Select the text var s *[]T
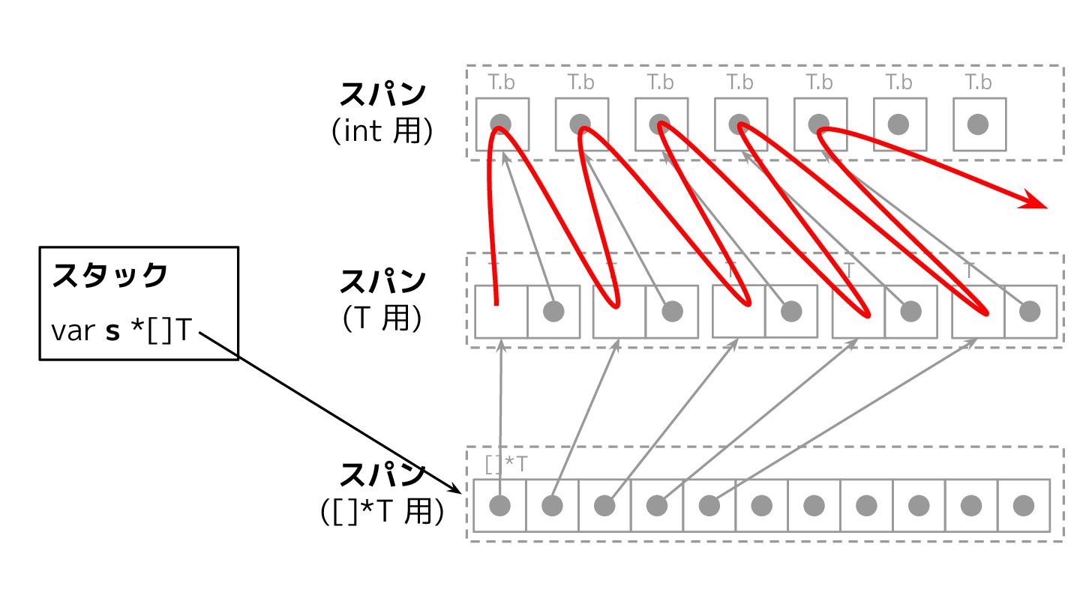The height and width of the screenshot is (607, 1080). tap(119, 330)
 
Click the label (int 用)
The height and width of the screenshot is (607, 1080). tap(382, 131)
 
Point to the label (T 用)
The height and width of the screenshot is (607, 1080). tap(382, 318)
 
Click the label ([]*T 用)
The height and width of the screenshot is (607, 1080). tap(382, 512)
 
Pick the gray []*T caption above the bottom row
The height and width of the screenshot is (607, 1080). tap(506, 465)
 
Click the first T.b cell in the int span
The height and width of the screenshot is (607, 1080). tap(502, 124)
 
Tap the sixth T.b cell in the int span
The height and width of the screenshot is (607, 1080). tap(899, 124)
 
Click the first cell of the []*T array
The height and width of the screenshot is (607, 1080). tap(499, 506)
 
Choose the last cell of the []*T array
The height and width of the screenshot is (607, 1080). tap(1024, 506)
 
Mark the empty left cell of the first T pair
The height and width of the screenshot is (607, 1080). tap(500, 311)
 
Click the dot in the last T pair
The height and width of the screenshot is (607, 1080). tap(1030, 311)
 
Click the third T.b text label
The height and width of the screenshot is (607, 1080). tap(661, 82)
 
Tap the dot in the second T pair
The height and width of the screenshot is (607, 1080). tap(672, 311)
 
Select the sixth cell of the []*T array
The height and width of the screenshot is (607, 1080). tap(761, 506)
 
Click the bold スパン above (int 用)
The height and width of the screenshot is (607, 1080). tap(382, 95)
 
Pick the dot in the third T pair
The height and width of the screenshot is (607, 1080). tap(791, 311)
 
